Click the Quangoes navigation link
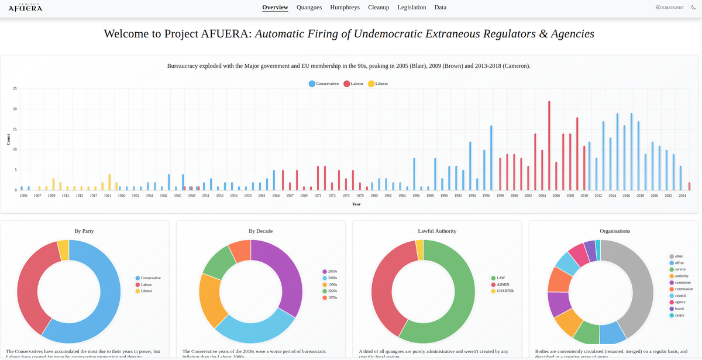tap(309, 8)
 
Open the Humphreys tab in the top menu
tap(345, 8)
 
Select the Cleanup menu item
tap(378, 8)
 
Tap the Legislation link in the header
tap(411, 8)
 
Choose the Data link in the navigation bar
tap(441, 8)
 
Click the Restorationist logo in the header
tap(669, 8)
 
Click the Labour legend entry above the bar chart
tap(355, 84)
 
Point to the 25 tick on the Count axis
tap(15, 89)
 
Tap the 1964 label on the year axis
tap(276, 196)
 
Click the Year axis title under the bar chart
tap(356, 204)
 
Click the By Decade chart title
tap(260, 231)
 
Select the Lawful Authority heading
tap(437, 231)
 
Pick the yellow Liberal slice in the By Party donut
tap(63, 250)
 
